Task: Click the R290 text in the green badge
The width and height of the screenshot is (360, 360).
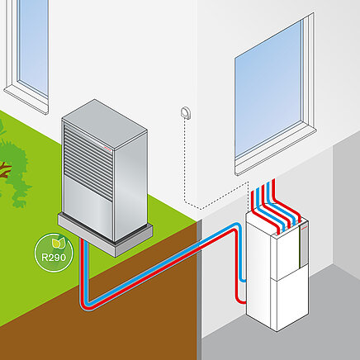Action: tap(54, 258)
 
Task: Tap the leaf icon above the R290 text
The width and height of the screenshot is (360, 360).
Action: tap(58, 243)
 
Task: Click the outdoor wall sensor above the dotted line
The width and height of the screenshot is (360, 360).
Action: tap(185, 113)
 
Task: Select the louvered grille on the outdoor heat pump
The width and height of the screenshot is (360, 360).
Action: tap(88, 162)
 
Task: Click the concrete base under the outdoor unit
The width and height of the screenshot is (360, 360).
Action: tap(106, 236)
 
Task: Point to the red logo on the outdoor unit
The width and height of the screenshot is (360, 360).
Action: tap(107, 149)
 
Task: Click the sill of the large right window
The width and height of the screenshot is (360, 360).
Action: tap(275, 150)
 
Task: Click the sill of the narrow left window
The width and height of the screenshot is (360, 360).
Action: tap(26, 99)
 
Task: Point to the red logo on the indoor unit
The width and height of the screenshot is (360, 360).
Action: tap(303, 228)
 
